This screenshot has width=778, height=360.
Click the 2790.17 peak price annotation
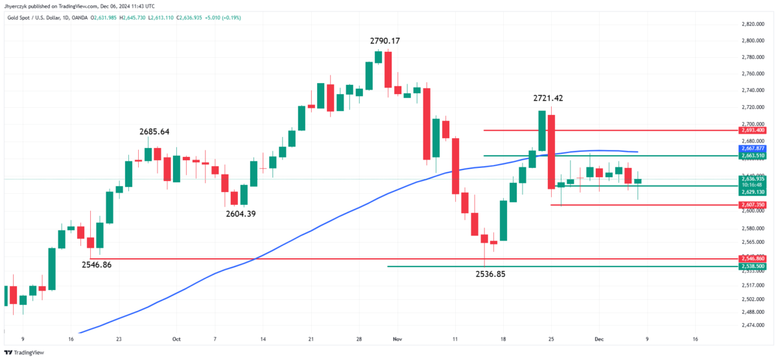click(x=385, y=41)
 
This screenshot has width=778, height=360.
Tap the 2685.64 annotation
click(x=154, y=132)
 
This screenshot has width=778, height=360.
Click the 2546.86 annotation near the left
click(x=101, y=265)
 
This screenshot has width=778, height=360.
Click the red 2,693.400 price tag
click(x=752, y=130)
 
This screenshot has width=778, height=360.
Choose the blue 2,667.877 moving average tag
click(x=752, y=149)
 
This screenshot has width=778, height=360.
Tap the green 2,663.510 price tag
click(x=752, y=156)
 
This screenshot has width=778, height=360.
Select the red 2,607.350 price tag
click(x=752, y=205)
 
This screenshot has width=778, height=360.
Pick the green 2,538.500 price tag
click(x=752, y=266)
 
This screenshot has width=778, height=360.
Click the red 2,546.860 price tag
click(x=752, y=259)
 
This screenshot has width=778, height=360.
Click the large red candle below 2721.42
click(x=551, y=152)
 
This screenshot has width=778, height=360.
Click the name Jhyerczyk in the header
click(x=19, y=6)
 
